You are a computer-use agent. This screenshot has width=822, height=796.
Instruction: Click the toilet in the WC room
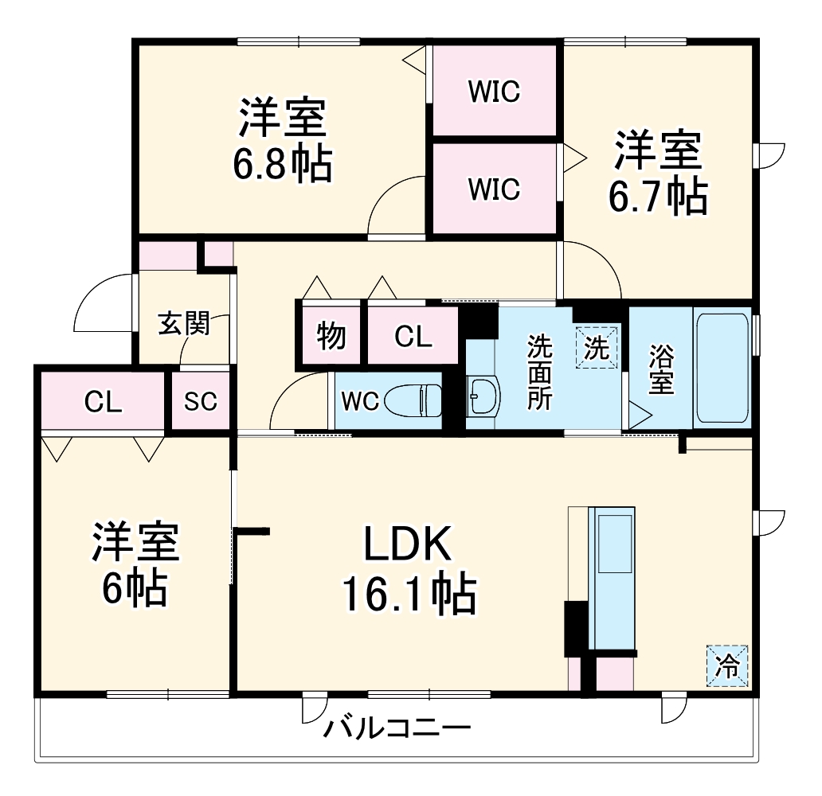[413, 400]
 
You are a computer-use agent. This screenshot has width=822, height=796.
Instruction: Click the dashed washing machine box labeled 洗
[597, 348]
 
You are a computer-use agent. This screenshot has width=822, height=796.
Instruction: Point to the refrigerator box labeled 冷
[726, 664]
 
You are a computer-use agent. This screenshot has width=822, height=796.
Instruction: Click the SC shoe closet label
[200, 402]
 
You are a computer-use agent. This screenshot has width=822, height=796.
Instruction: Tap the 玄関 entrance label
[183, 324]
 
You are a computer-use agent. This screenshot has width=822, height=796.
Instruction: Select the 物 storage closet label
[331, 335]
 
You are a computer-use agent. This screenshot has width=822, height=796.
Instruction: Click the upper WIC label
[494, 92]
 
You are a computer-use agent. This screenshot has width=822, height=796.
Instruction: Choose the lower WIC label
[494, 189]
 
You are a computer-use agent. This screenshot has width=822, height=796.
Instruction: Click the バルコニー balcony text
[397, 728]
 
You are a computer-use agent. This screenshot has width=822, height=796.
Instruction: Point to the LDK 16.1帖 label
[409, 570]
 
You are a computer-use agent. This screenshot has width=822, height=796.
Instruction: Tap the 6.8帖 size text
[282, 165]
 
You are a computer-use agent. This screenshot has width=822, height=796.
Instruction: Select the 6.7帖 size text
[657, 197]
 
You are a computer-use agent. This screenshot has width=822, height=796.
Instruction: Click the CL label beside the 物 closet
[413, 337]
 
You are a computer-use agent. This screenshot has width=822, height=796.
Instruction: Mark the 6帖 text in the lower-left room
[134, 587]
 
